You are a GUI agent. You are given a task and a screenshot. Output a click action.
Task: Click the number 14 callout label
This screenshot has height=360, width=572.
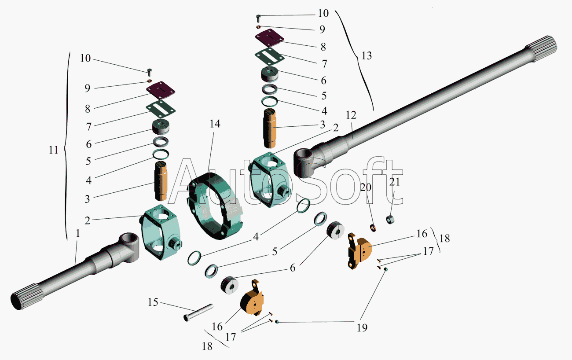click(x=215, y=124)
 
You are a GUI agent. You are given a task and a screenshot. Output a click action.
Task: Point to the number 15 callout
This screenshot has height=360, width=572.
click(x=153, y=303)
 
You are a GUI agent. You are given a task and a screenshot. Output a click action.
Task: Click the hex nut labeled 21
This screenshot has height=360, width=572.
click(x=389, y=218)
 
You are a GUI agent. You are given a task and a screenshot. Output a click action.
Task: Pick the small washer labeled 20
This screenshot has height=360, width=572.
click(x=373, y=228)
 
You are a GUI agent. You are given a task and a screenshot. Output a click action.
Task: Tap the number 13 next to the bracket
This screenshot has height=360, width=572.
click(x=367, y=56)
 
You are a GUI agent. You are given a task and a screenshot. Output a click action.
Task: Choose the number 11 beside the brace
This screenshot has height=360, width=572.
click(x=53, y=150)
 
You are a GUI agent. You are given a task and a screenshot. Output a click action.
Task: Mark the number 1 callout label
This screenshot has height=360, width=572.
click(x=78, y=235)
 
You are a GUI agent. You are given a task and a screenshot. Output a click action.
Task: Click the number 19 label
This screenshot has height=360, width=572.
click(x=362, y=327)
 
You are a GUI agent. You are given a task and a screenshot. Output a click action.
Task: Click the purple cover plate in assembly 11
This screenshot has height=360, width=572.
click(x=161, y=90)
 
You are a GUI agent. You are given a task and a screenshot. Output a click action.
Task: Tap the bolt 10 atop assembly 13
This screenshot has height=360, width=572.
click(x=258, y=18)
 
